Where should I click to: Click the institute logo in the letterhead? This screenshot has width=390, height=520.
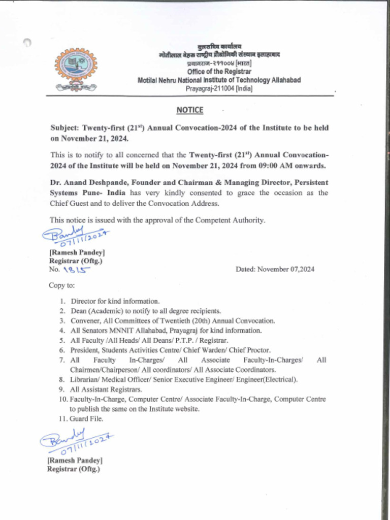pyautogui.click(x=76, y=70)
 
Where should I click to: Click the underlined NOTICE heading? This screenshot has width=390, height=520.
pyautogui.click(x=190, y=110)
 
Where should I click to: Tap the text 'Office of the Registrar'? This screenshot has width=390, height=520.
pyautogui.click(x=219, y=72)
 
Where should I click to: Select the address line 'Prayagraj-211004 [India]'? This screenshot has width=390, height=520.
pyautogui.click(x=219, y=88)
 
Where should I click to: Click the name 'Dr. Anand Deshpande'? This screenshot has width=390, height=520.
pyautogui.click(x=85, y=182)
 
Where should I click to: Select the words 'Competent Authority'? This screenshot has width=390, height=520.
pyautogui.click(x=236, y=220)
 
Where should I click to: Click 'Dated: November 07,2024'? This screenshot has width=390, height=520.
pyautogui.click(x=275, y=269)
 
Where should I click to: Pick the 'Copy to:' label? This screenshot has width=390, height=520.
pyautogui.click(x=61, y=285)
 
